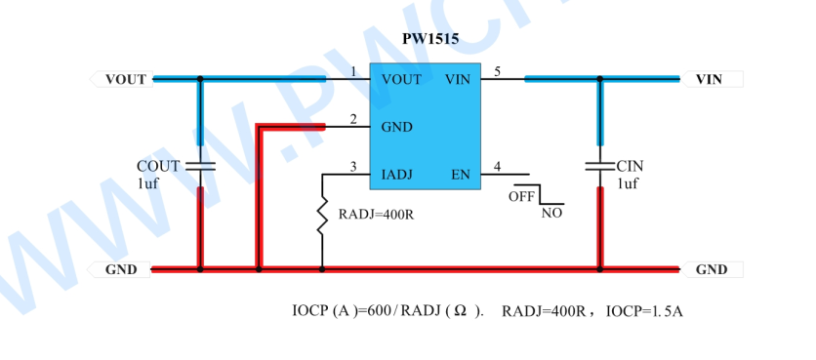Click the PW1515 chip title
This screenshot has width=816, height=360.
[x=430, y=39]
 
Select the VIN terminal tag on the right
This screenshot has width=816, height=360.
[x=712, y=79]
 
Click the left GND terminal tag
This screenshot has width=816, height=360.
[x=119, y=269]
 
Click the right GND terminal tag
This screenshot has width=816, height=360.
[x=712, y=269]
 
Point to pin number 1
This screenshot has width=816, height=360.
[x=353, y=72]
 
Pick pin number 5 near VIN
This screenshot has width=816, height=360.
[x=498, y=72]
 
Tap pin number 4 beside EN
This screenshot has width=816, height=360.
[x=498, y=167]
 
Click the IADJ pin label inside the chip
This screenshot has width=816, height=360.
[x=397, y=175]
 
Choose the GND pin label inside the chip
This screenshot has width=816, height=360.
[x=397, y=128]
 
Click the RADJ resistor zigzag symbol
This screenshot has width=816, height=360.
[x=322, y=216]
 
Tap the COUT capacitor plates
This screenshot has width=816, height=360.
[x=200, y=166]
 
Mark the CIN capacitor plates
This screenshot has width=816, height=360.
[x=599, y=166]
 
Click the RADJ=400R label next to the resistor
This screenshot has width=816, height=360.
[x=376, y=215]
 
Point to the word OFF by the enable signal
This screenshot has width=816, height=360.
[x=521, y=197]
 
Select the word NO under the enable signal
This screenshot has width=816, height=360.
[x=551, y=214]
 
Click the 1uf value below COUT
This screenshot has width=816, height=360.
[x=147, y=183]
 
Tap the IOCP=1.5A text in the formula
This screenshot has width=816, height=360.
[x=644, y=311]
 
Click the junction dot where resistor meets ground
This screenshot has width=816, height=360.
[x=322, y=269]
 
